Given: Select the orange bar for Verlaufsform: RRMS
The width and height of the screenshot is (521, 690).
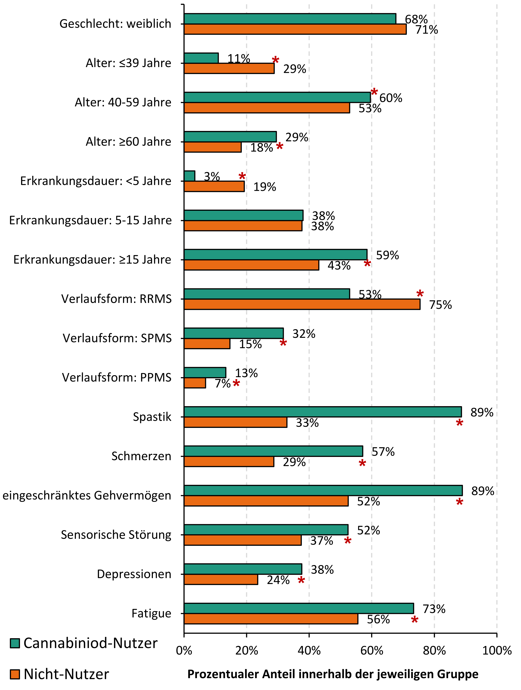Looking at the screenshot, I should coord(302,304).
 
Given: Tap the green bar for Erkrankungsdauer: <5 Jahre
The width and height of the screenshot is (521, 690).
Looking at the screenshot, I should coord(189,176).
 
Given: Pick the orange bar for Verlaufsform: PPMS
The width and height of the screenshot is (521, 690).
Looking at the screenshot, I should coord(195,383).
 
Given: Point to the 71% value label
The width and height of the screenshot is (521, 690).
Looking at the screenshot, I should coord(426,30).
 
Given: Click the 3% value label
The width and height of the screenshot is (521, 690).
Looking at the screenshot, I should coord(212,177).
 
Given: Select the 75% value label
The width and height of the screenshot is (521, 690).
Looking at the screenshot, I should coord(440,305).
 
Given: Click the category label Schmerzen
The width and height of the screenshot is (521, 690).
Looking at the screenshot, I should coord(141,456).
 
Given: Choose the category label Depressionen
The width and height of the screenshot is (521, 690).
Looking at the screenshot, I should coord(134,574).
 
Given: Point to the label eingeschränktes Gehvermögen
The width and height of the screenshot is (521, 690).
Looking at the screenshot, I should coord(87,495).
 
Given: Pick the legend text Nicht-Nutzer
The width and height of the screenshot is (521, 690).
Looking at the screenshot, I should coord(66,674).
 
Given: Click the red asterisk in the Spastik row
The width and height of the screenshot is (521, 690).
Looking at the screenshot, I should coord(459,423).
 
